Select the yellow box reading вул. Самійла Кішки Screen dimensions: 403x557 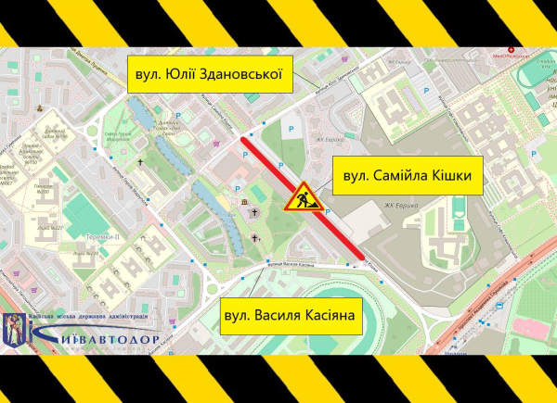408,175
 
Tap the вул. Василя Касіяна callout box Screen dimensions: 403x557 290,316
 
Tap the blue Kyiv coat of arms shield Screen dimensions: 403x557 16,327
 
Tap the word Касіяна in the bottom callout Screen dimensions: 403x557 328,316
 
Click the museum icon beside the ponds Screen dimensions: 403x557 243,203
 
